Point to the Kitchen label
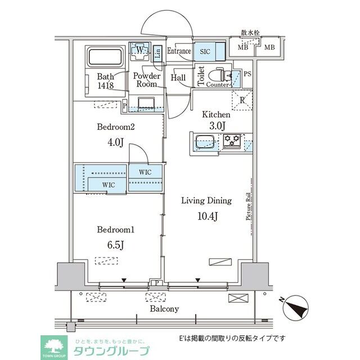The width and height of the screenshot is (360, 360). pyautogui.click(x=217, y=114)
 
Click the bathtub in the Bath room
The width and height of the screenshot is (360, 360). pyautogui.click(x=105, y=57)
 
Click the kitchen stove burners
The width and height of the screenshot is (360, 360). pyautogui.click(x=232, y=141)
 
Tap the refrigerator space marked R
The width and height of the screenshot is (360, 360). pyautogui.click(x=241, y=101)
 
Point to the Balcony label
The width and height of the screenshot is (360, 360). pyautogui.click(x=164, y=309)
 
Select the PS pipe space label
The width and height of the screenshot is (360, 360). pyautogui.click(x=247, y=74)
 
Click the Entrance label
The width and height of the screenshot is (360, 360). pyautogui.click(x=179, y=51)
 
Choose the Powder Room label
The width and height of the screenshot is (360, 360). pyautogui.click(x=147, y=80)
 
